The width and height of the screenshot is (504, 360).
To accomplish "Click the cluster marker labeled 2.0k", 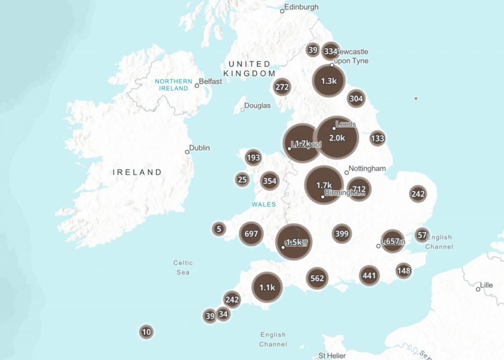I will click(337, 138).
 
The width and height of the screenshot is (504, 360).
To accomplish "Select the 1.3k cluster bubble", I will click(328, 81).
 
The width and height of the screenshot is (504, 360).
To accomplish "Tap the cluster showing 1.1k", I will click(267, 288).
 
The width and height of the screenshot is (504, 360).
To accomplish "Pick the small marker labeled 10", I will click(146, 332).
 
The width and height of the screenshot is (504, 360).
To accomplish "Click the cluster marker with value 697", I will click(251, 234).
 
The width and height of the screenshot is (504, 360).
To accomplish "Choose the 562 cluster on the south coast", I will click(317, 278).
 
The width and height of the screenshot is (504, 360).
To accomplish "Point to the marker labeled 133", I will click(377, 138).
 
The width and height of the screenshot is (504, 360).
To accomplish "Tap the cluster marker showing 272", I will click(282, 87).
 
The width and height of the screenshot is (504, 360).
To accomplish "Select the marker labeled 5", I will click(219, 229).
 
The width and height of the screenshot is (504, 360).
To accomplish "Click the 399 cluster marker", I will click(342, 234).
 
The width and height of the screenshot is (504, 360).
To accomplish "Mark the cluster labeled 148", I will click(404, 270).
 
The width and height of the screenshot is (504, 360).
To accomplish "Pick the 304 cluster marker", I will click(356, 98).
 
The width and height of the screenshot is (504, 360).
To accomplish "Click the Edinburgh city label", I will click(302, 7).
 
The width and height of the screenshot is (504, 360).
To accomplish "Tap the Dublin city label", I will click(199, 148).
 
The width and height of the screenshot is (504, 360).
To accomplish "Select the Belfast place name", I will click(211, 81).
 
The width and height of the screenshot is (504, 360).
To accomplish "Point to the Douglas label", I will click(257, 106).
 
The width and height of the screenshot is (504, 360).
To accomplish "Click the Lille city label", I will click(487, 285).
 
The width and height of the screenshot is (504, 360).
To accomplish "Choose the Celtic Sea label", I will click(183, 268).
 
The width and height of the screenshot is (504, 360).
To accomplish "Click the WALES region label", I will click(264, 204).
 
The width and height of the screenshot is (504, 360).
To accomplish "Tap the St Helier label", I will click(332, 356).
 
